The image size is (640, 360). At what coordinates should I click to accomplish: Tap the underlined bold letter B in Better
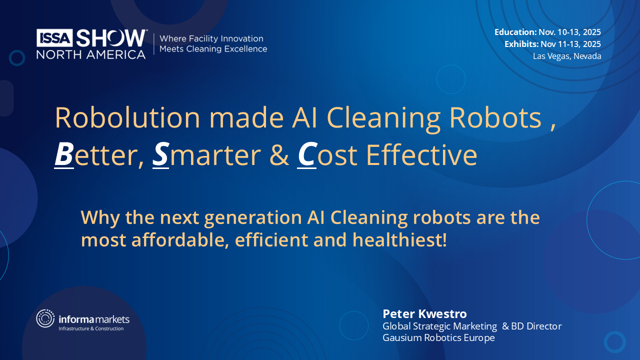pyautogui.click(x=64, y=155)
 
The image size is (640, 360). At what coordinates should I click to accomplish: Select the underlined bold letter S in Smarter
pyautogui.click(x=160, y=155)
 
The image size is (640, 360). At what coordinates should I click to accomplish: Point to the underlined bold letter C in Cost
pyautogui.click(x=306, y=155)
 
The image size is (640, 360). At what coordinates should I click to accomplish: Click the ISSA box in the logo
pyautogui.click(x=54, y=37)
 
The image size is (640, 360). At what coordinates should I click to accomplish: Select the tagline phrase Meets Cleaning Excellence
pyautogui.click(x=213, y=49)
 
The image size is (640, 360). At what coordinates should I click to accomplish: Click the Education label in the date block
pyautogui.click(x=515, y=32)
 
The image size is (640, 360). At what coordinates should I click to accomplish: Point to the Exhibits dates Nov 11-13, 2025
pyautogui.click(x=570, y=44)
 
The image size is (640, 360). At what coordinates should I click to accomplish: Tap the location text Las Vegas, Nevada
pyautogui.click(x=567, y=56)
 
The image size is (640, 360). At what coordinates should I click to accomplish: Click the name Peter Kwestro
pyautogui.click(x=424, y=313)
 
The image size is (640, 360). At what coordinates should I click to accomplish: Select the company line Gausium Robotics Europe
pyautogui.click(x=438, y=338)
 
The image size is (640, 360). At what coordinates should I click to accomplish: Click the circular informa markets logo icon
pyautogui.click(x=45, y=318)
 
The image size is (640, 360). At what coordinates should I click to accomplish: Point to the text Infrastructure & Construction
pyautogui.click(x=91, y=328)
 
